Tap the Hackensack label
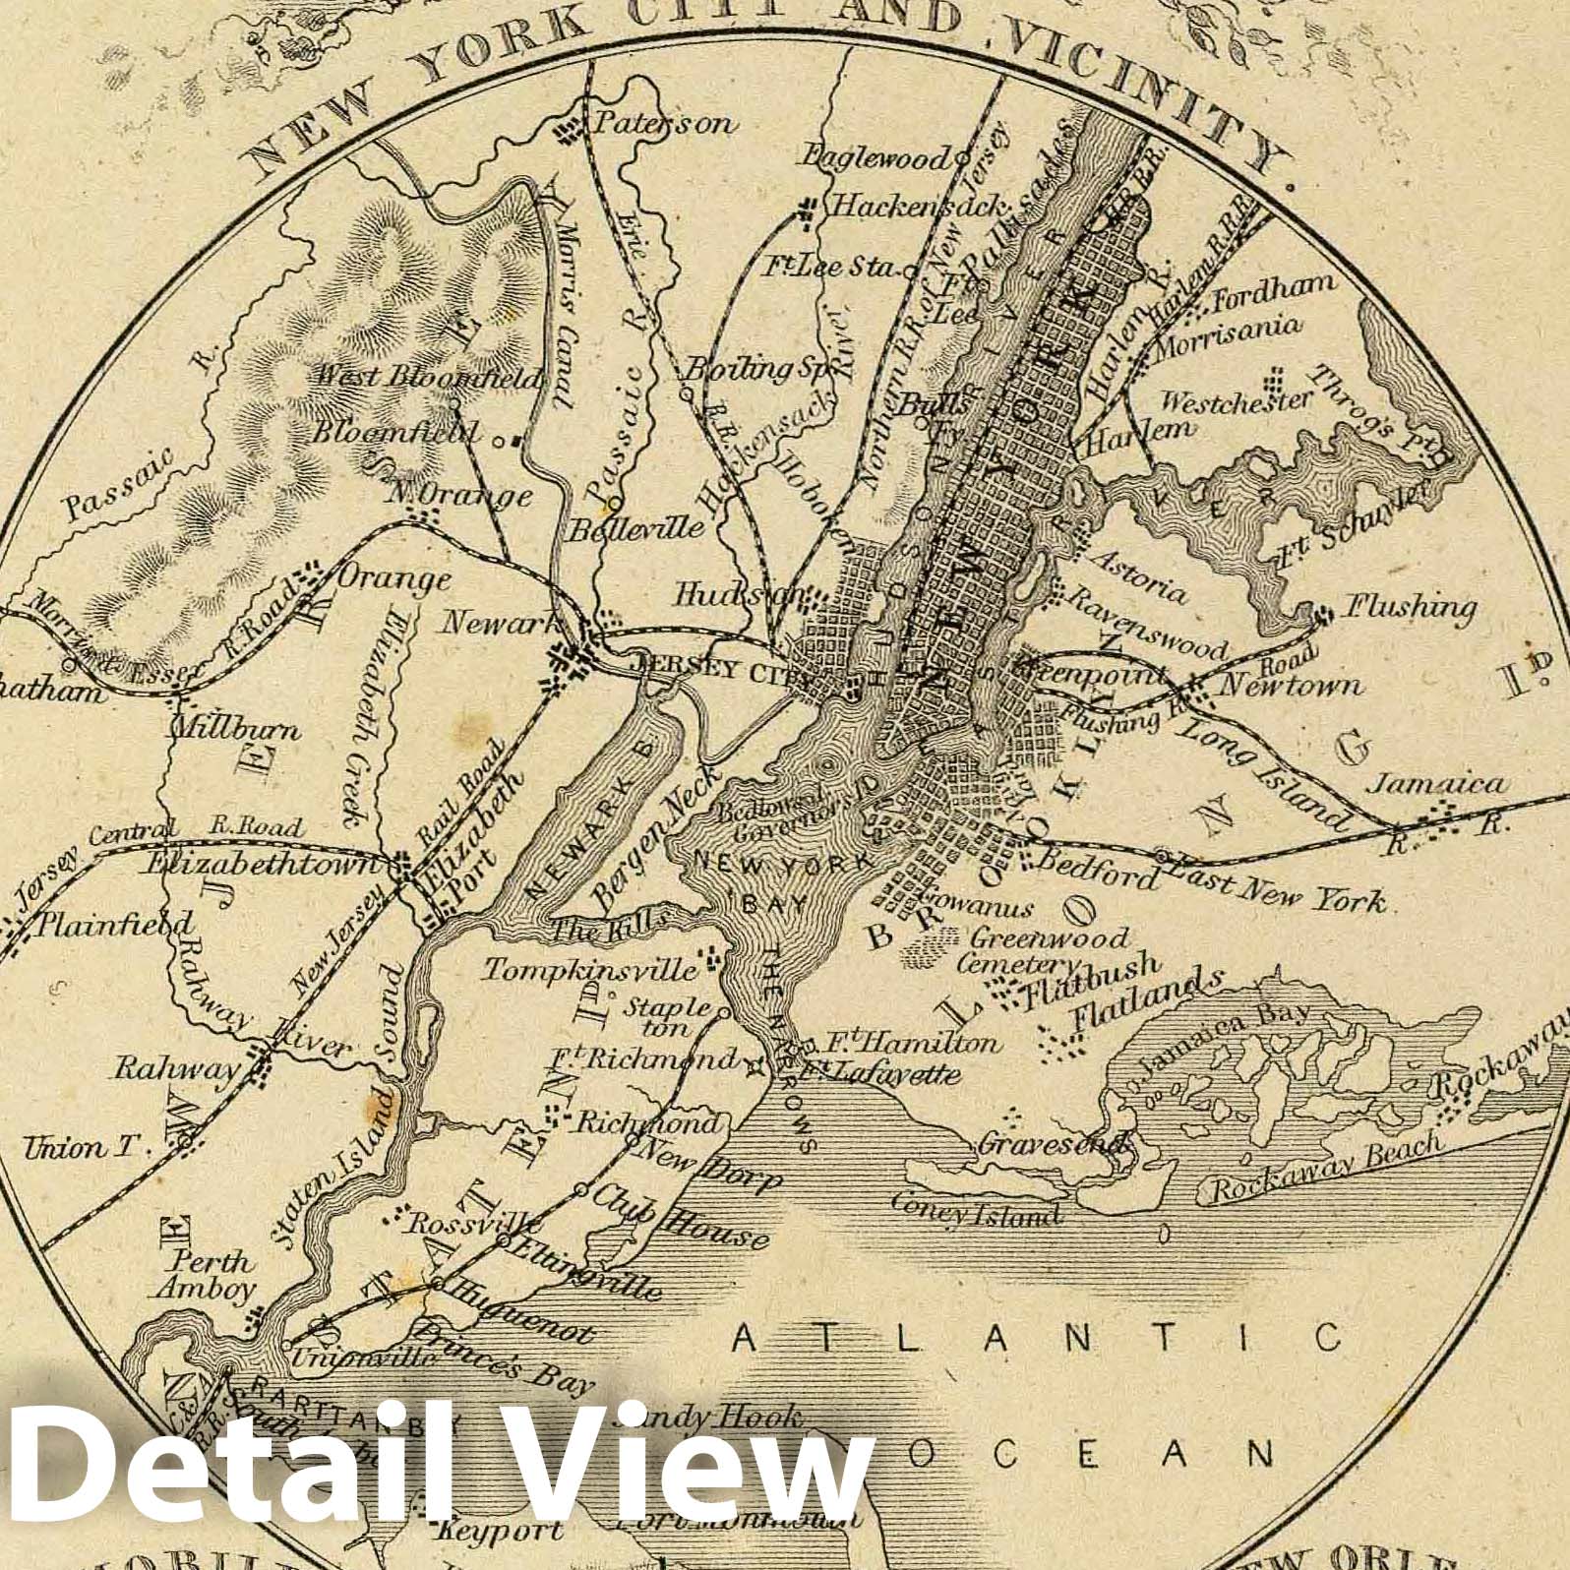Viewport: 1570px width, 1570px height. (920, 207)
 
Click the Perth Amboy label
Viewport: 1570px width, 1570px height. (212, 1275)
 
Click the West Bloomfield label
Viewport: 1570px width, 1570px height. (429, 377)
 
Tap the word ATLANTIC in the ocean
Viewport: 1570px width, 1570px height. (1038, 1338)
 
